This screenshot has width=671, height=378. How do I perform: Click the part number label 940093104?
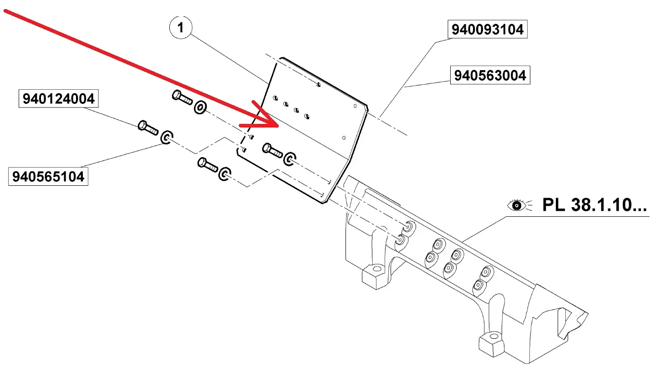pyautogui.click(x=487, y=30)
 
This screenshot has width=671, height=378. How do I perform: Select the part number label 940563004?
pyautogui.click(x=490, y=75)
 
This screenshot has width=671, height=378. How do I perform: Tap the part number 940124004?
pyautogui.click(x=58, y=99)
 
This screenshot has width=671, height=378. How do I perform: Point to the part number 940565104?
pyautogui.click(x=48, y=177)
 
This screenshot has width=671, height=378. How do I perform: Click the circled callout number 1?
pyautogui.click(x=181, y=28)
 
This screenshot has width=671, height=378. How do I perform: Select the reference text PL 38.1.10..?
pyautogui.click(x=594, y=205)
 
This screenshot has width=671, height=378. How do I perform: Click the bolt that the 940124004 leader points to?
pyautogui.click(x=148, y=128)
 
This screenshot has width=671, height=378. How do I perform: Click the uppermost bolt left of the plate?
pyautogui.click(x=182, y=97)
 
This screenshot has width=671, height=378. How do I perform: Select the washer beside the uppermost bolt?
pyautogui.click(x=200, y=108)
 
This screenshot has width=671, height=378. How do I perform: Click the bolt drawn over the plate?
pyautogui.click(x=273, y=150)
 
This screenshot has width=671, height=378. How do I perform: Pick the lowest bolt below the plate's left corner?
pyautogui.click(x=208, y=164)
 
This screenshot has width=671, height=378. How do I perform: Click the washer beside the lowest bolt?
pyautogui.click(x=225, y=174)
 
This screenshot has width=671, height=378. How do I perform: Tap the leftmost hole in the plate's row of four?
pyautogui.click(x=275, y=98)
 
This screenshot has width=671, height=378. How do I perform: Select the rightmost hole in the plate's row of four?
pyautogui.click(x=307, y=117)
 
